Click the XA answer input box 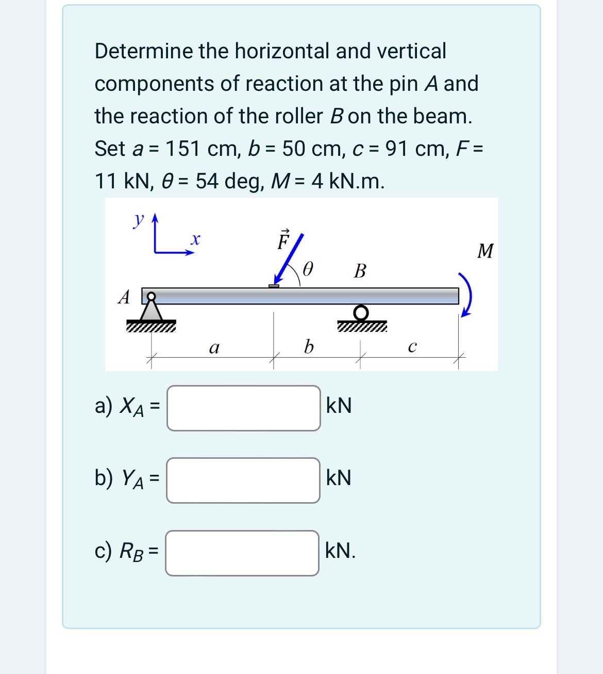[243, 408]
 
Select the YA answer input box [243, 480]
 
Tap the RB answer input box [242, 553]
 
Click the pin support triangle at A [151, 311]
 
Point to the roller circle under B [362, 312]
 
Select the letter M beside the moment [485, 251]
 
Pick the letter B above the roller [360, 270]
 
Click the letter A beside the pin [124, 297]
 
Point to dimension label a [214, 348]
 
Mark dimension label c [411, 347]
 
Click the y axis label [138, 219]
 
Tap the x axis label [195, 239]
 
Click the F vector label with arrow [283, 239]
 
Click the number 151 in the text [182, 149]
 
